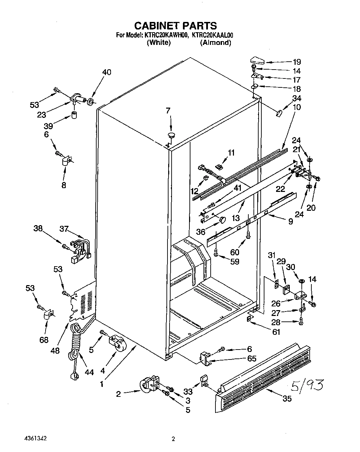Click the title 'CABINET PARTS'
[175, 25]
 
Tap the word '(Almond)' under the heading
[215, 43]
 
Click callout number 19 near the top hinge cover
[296, 62]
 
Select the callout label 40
[107, 72]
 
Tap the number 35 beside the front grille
[287, 399]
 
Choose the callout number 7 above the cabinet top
[168, 111]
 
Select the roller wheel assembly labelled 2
[149, 385]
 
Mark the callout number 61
[276, 332]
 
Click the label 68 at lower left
[44, 340]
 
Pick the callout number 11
[232, 153]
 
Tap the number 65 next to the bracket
[252, 358]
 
